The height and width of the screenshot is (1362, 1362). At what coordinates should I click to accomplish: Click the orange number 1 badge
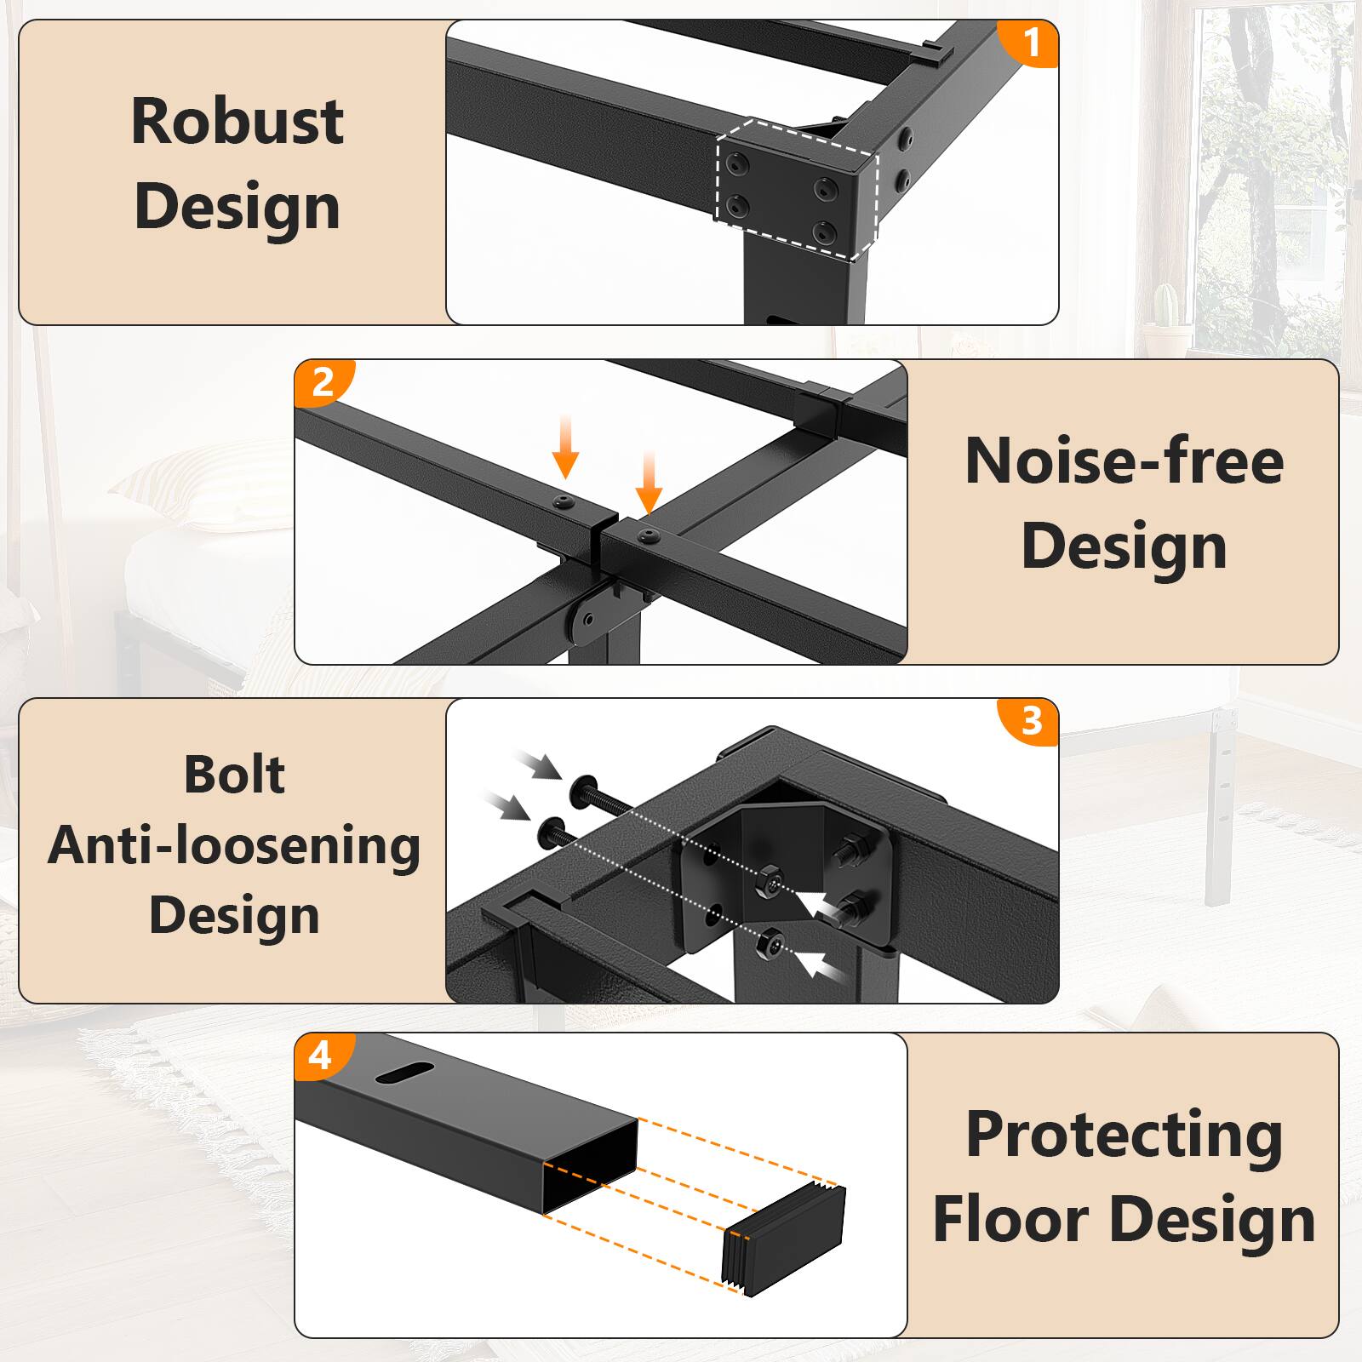[x=1031, y=43]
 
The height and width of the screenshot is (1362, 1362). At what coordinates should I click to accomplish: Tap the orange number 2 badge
[x=323, y=382]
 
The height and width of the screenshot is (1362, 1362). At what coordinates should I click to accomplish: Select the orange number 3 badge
[x=1031, y=721]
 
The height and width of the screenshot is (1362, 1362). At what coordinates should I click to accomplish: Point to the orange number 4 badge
[x=320, y=1056]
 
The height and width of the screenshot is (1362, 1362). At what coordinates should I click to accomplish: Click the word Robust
[x=237, y=121]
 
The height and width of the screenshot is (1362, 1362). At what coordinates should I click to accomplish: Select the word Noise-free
[x=1124, y=461]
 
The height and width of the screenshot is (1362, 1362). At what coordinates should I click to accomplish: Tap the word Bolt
[x=234, y=775]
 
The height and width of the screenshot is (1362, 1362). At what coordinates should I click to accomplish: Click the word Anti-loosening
[x=234, y=846]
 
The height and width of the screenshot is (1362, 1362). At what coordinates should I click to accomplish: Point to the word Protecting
[x=1124, y=1135]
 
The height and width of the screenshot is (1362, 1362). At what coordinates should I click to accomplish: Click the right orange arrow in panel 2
[x=649, y=484]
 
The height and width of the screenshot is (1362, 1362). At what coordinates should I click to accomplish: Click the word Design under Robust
[x=237, y=207]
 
